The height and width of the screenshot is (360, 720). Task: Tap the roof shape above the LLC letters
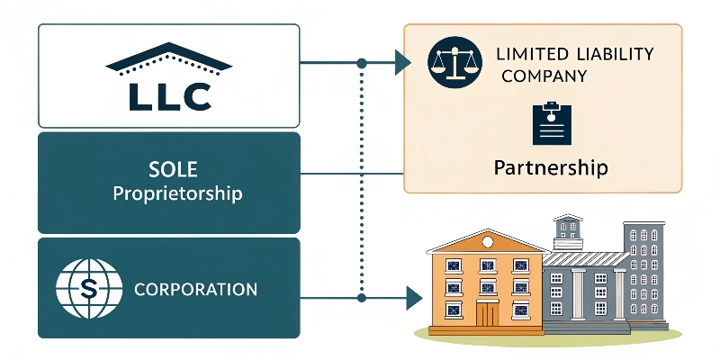coord(168,60)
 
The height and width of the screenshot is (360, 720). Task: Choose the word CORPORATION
coord(195,291)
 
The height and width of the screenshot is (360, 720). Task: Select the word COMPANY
coord(542,76)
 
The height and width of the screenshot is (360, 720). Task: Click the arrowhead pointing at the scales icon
coord(402,63)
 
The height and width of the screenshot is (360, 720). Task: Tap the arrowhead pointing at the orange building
coord(413,295)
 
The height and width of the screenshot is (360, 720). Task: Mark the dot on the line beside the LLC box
coord(362,63)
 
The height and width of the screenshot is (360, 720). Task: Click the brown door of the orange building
coord(487,315)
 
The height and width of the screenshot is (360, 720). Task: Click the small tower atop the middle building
coord(568,229)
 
